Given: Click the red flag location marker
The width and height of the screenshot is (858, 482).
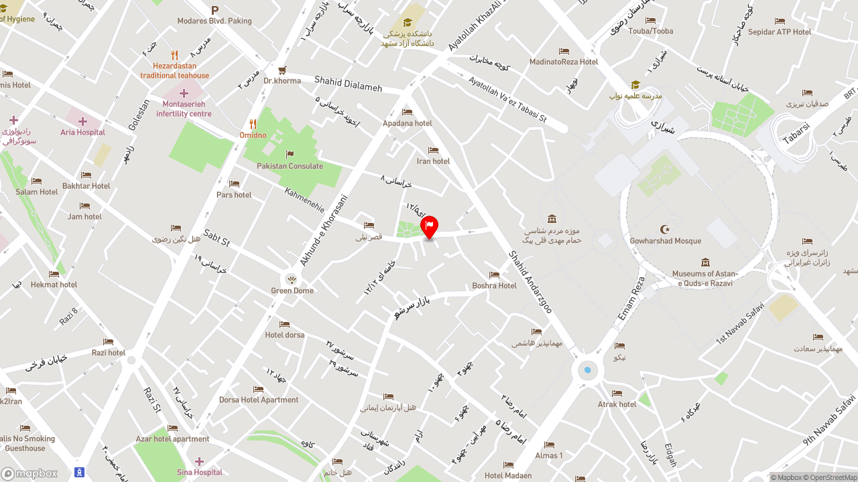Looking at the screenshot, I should (429, 226).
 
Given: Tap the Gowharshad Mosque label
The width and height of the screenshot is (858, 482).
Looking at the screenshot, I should (665, 241).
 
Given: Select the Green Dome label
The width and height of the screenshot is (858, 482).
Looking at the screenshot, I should (292, 291).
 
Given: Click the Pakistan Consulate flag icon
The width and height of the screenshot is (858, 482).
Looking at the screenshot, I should (290, 155).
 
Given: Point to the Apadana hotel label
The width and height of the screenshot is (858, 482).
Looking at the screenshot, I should (408, 123).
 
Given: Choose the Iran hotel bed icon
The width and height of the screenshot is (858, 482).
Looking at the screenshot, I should (433, 150).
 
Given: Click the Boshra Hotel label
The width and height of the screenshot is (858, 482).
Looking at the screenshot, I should (494, 286).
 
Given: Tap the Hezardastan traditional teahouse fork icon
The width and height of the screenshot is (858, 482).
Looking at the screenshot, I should (174, 56).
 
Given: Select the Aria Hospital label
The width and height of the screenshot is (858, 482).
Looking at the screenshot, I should (83, 133).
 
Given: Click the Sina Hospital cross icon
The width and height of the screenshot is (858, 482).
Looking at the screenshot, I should (199, 461).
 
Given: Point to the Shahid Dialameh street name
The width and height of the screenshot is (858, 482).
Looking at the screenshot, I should (348, 84).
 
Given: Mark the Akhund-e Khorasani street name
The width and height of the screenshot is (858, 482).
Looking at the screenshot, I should (324, 230).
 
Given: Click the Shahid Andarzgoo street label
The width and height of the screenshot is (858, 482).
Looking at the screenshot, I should (530, 282).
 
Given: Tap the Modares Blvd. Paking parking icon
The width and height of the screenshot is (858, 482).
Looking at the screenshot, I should (215, 10).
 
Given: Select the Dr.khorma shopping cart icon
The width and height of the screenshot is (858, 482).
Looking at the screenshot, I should (282, 70).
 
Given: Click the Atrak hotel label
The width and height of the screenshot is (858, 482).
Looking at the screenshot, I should (617, 404).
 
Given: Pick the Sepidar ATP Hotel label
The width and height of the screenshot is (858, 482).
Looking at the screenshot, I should (780, 31).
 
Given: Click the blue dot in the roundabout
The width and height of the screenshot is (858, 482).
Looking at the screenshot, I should (588, 370).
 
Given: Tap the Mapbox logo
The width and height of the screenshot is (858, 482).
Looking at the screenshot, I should (29, 473).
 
